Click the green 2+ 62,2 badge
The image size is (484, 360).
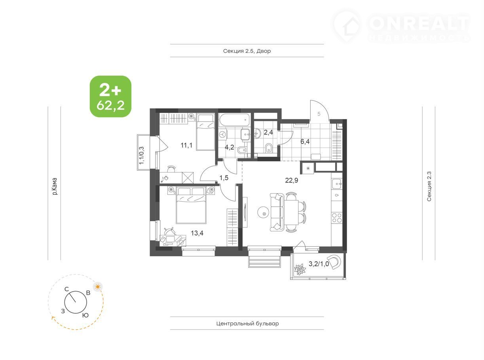click(x=110, y=96)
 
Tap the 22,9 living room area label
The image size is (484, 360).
click(x=292, y=180)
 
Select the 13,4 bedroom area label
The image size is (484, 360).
click(x=197, y=233)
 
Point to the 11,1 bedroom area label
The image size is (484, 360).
click(x=186, y=145)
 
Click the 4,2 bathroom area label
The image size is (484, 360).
click(x=229, y=147)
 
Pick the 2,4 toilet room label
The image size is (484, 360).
click(x=268, y=132)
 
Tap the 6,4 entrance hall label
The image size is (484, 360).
click(x=305, y=141)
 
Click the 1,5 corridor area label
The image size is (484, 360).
click(x=224, y=178)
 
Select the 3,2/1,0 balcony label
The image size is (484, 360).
click(x=319, y=264)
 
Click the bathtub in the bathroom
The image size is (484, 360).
click(x=234, y=120)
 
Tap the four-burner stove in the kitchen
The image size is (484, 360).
click(x=337, y=218)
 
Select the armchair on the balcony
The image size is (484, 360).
click(x=335, y=263)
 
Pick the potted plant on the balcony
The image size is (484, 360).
click(x=300, y=270)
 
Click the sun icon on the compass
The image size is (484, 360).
click(x=97, y=286)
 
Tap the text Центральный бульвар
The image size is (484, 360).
click(x=247, y=323)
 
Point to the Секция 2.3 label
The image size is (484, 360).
click(x=429, y=186)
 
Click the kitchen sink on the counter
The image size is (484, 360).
click(x=337, y=184)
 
